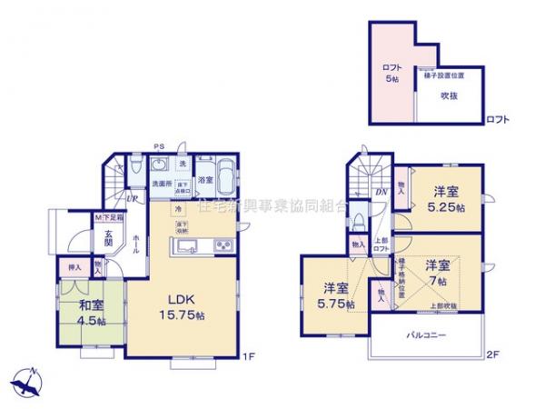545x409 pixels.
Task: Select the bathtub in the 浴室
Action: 205,172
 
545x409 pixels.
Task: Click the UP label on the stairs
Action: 132,198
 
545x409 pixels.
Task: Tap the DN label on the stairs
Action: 381,193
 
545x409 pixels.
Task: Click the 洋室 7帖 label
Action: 438,270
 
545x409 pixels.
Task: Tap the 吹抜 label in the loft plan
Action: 449,94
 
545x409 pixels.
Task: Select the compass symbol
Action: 27,379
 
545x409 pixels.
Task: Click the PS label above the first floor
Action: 159,146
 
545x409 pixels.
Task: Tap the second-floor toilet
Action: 361,218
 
